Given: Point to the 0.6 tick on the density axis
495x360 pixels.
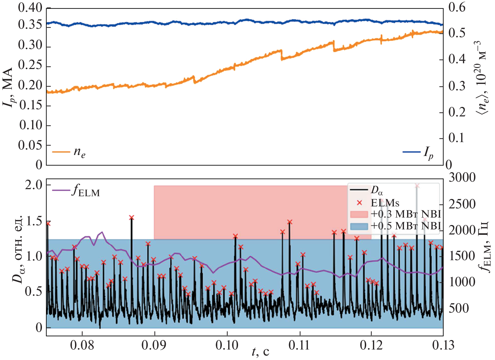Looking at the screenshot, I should click(456, 7).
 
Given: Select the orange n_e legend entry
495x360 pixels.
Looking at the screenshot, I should click(69, 152).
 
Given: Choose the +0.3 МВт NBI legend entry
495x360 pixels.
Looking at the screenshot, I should click(396, 214).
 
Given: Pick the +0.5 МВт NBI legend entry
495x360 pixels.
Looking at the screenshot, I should click(396, 226).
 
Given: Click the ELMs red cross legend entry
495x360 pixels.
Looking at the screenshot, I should click(379, 203).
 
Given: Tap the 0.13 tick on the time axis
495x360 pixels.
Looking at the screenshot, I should click(443, 345).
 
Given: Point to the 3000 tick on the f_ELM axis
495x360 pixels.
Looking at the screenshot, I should click(462, 177).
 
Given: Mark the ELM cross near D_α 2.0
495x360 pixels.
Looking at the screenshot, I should click(417, 186).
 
